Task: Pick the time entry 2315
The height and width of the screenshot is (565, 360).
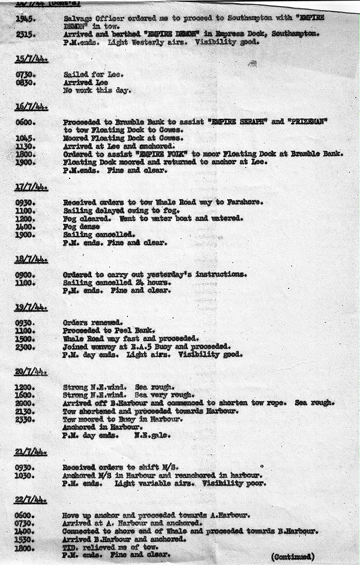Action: click(26, 34)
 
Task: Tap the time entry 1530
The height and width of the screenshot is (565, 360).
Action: click(26, 540)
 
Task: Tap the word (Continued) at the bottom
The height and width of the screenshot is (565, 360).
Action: click(292, 556)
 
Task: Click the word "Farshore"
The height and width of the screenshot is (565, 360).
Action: click(246, 202)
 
